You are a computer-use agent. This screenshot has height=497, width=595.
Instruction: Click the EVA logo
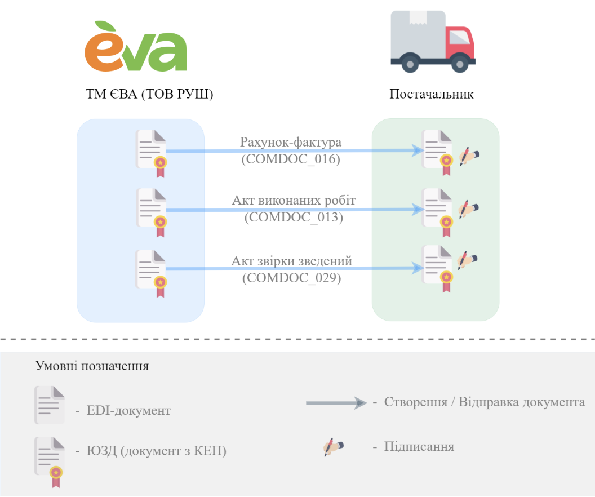pos(135,46)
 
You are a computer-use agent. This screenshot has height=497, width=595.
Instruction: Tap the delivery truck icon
pos(433,41)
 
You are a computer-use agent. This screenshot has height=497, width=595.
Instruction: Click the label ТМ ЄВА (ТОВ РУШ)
pos(149,94)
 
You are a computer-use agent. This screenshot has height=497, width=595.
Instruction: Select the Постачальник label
pos(432,94)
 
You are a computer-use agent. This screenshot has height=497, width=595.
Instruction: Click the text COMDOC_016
pos(291,158)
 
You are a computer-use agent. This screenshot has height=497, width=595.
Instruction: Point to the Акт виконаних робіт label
pos(294,200)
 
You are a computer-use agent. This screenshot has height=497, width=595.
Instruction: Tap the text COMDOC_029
pos(291,278)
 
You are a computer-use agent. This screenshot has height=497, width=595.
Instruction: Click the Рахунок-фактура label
pos(291,142)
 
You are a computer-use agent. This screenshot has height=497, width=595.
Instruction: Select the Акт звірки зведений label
pos(292,261)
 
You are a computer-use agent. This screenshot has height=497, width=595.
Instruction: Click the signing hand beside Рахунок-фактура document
pos(469,156)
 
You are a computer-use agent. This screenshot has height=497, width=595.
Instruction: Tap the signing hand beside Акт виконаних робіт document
pos(468,209)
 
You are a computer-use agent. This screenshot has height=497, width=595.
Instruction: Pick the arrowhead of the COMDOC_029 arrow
pos(418,268)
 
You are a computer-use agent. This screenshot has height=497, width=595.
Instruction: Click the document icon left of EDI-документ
pos(50,405)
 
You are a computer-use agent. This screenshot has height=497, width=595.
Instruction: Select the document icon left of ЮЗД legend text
pos(50,461)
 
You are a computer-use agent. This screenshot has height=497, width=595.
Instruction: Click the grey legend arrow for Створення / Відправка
pos(336,402)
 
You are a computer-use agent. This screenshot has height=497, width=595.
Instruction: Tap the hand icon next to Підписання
pos(333,447)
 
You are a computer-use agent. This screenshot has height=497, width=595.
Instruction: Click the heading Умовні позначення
pos(92,366)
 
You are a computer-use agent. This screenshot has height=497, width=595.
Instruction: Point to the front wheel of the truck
pos(460,63)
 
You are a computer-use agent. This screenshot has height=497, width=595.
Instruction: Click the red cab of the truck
pos(461,42)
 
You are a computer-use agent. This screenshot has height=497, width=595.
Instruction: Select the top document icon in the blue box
pos(151,153)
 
